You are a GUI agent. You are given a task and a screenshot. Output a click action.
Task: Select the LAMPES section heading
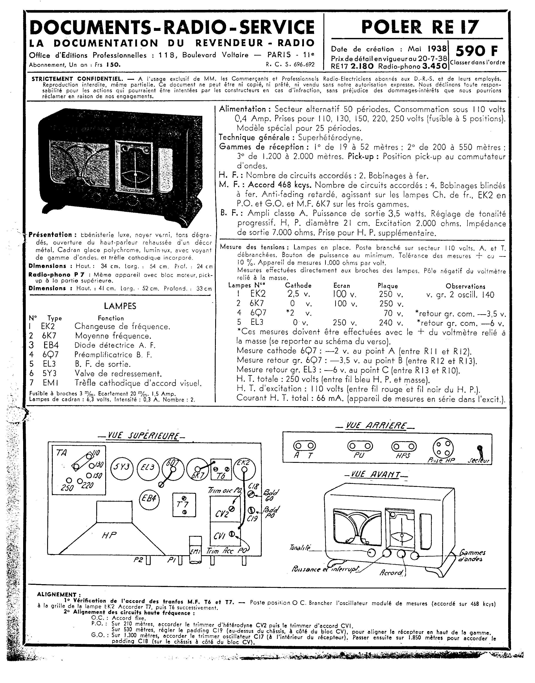click(120, 306)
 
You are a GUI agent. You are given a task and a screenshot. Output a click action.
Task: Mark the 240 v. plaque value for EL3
click(390, 323)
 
